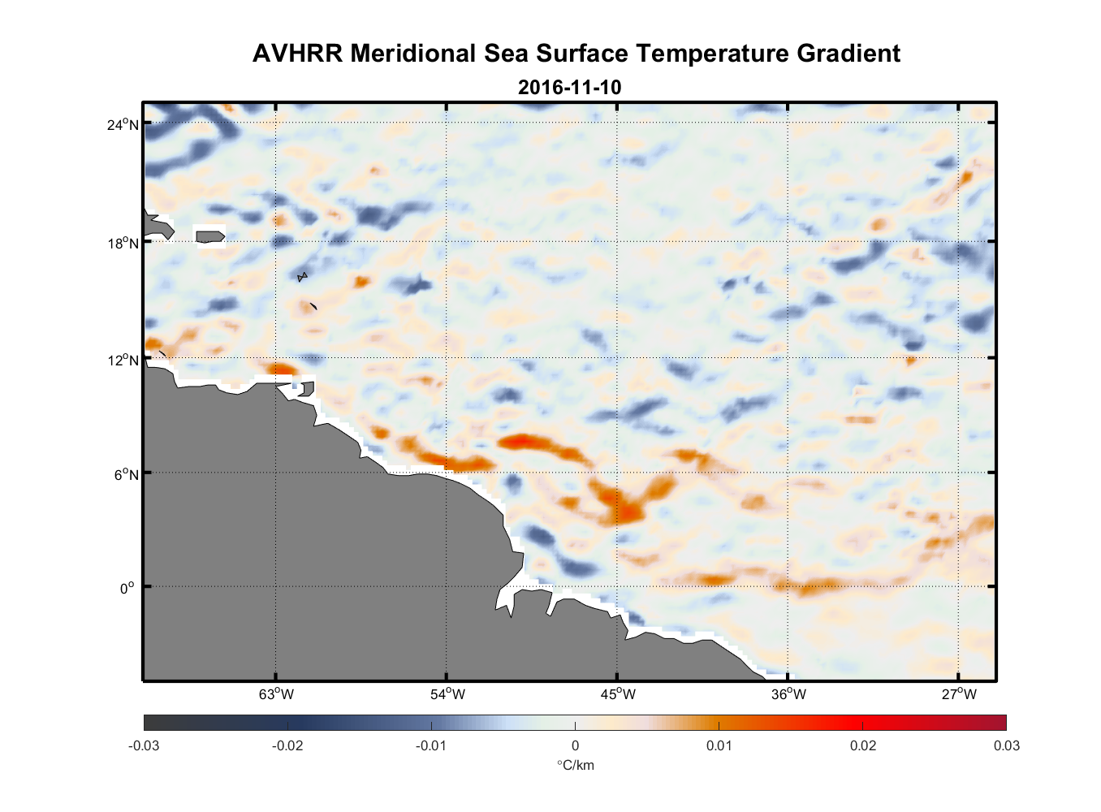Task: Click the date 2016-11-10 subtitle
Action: pos(569,87)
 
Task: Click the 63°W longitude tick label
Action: pos(276,694)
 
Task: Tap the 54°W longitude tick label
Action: pos(447,694)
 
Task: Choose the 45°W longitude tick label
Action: pos(618,694)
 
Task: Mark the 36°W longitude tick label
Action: pos(789,694)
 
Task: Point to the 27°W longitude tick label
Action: pos(959,694)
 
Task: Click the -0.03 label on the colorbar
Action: pos(144,745)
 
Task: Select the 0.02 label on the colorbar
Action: pos(862,745)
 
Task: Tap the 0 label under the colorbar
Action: pos(575,745)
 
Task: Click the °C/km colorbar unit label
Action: pos(575,765)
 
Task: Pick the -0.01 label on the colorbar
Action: pos(431,745)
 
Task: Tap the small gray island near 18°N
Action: pos(210,236)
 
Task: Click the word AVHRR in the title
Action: pos(297,54)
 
